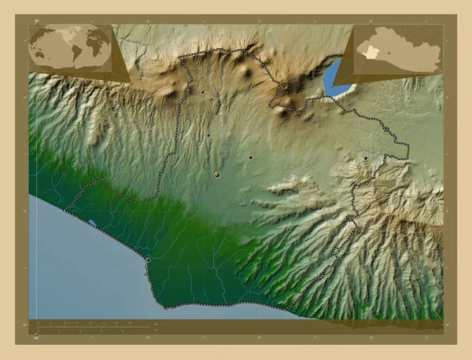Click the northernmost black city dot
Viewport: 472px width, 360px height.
pos(202,92)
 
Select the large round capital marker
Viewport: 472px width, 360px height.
pos(216,174)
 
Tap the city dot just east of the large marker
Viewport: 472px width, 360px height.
pos(250,157)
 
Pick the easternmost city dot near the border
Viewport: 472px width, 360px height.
pos(366,158)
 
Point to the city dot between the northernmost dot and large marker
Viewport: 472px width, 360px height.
pos(208,135)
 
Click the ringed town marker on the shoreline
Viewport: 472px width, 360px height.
pos(148,260)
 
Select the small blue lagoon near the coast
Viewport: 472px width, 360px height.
pos(93,222)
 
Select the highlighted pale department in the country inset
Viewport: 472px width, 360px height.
pos(371,52)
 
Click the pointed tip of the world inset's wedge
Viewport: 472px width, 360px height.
pos(131,81)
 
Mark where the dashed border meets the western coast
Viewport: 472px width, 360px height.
pos(65,211)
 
